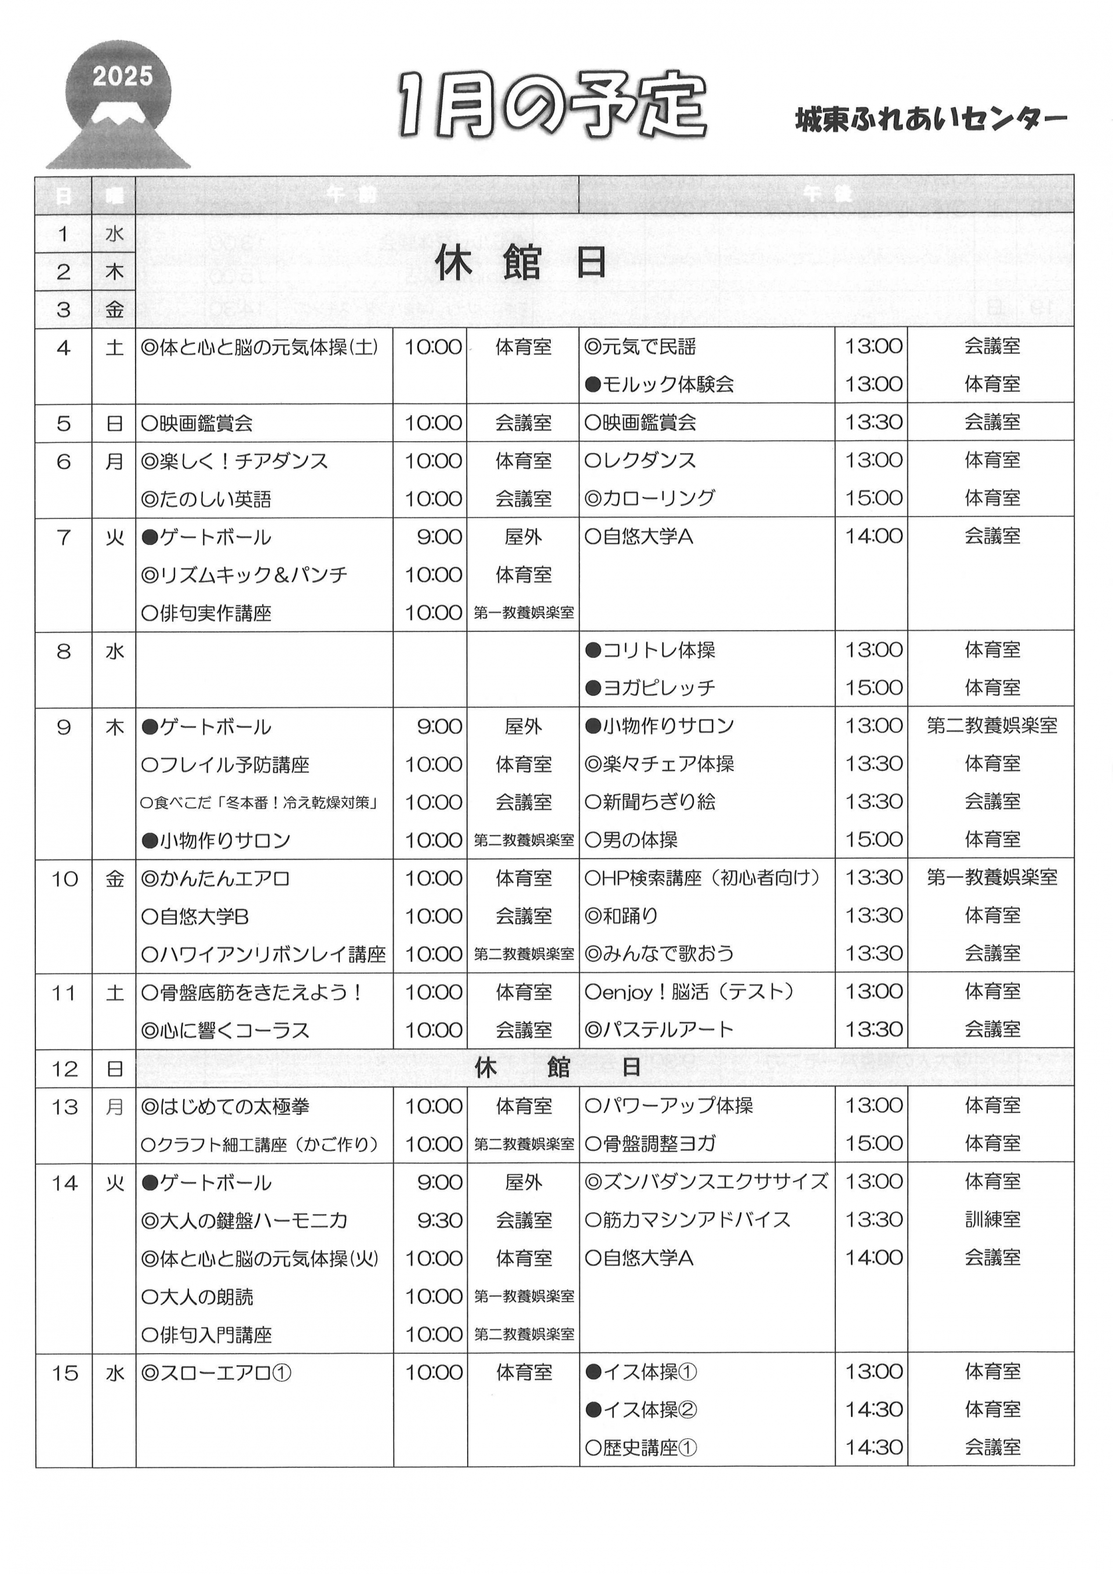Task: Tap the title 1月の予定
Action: tap(552, 106)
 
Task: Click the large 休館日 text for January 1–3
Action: tap(521, 264)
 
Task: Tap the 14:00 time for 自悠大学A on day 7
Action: tap(872, 536)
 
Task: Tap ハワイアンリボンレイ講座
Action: tap(263, 954)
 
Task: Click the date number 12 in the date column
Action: tap(64, 1069)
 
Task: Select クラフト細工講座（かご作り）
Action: tap(260, 1144)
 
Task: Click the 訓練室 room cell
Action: tap(992, 1220)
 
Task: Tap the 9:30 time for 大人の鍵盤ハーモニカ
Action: tap(439, 1220)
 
